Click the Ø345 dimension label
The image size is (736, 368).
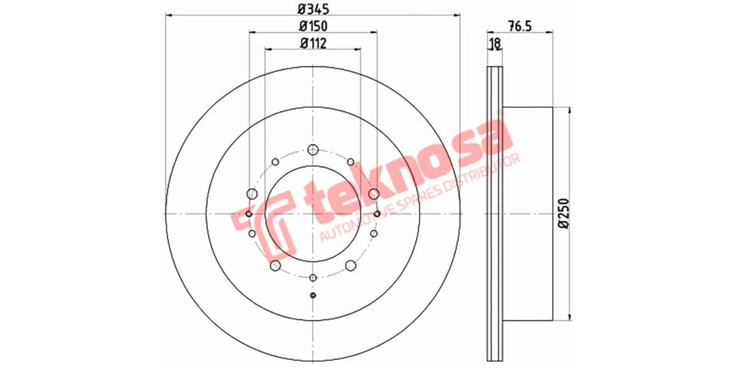point(313,9)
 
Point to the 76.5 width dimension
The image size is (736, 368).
point(519,26)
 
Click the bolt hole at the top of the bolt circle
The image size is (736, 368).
point(313,150)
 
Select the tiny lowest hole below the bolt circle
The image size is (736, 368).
point(313,296)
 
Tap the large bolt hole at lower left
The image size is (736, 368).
point(275,265)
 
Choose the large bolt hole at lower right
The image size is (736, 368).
point(350,265)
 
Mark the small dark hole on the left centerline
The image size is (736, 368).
point(248,214)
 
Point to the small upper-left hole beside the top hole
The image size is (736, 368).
point(275,162)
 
